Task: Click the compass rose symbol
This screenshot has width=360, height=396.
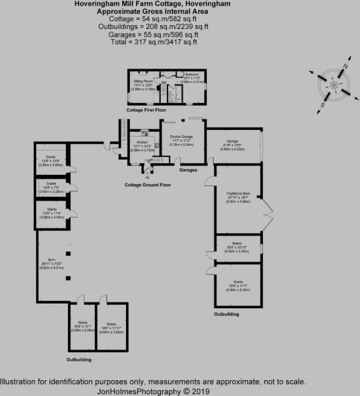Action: point(334,86)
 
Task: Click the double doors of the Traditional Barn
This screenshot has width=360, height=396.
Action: point(268,215)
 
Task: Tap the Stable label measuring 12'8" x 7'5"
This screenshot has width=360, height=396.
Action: point(51,188)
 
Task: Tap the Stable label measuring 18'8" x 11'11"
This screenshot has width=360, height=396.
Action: point(111,326)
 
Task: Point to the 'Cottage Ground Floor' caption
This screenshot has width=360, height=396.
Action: point(148,185)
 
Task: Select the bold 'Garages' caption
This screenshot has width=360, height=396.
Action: point(189,168)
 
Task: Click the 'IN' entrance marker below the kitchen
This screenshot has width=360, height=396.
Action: point(147,178)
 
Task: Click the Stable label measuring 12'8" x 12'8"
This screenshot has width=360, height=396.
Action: point(51,162)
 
